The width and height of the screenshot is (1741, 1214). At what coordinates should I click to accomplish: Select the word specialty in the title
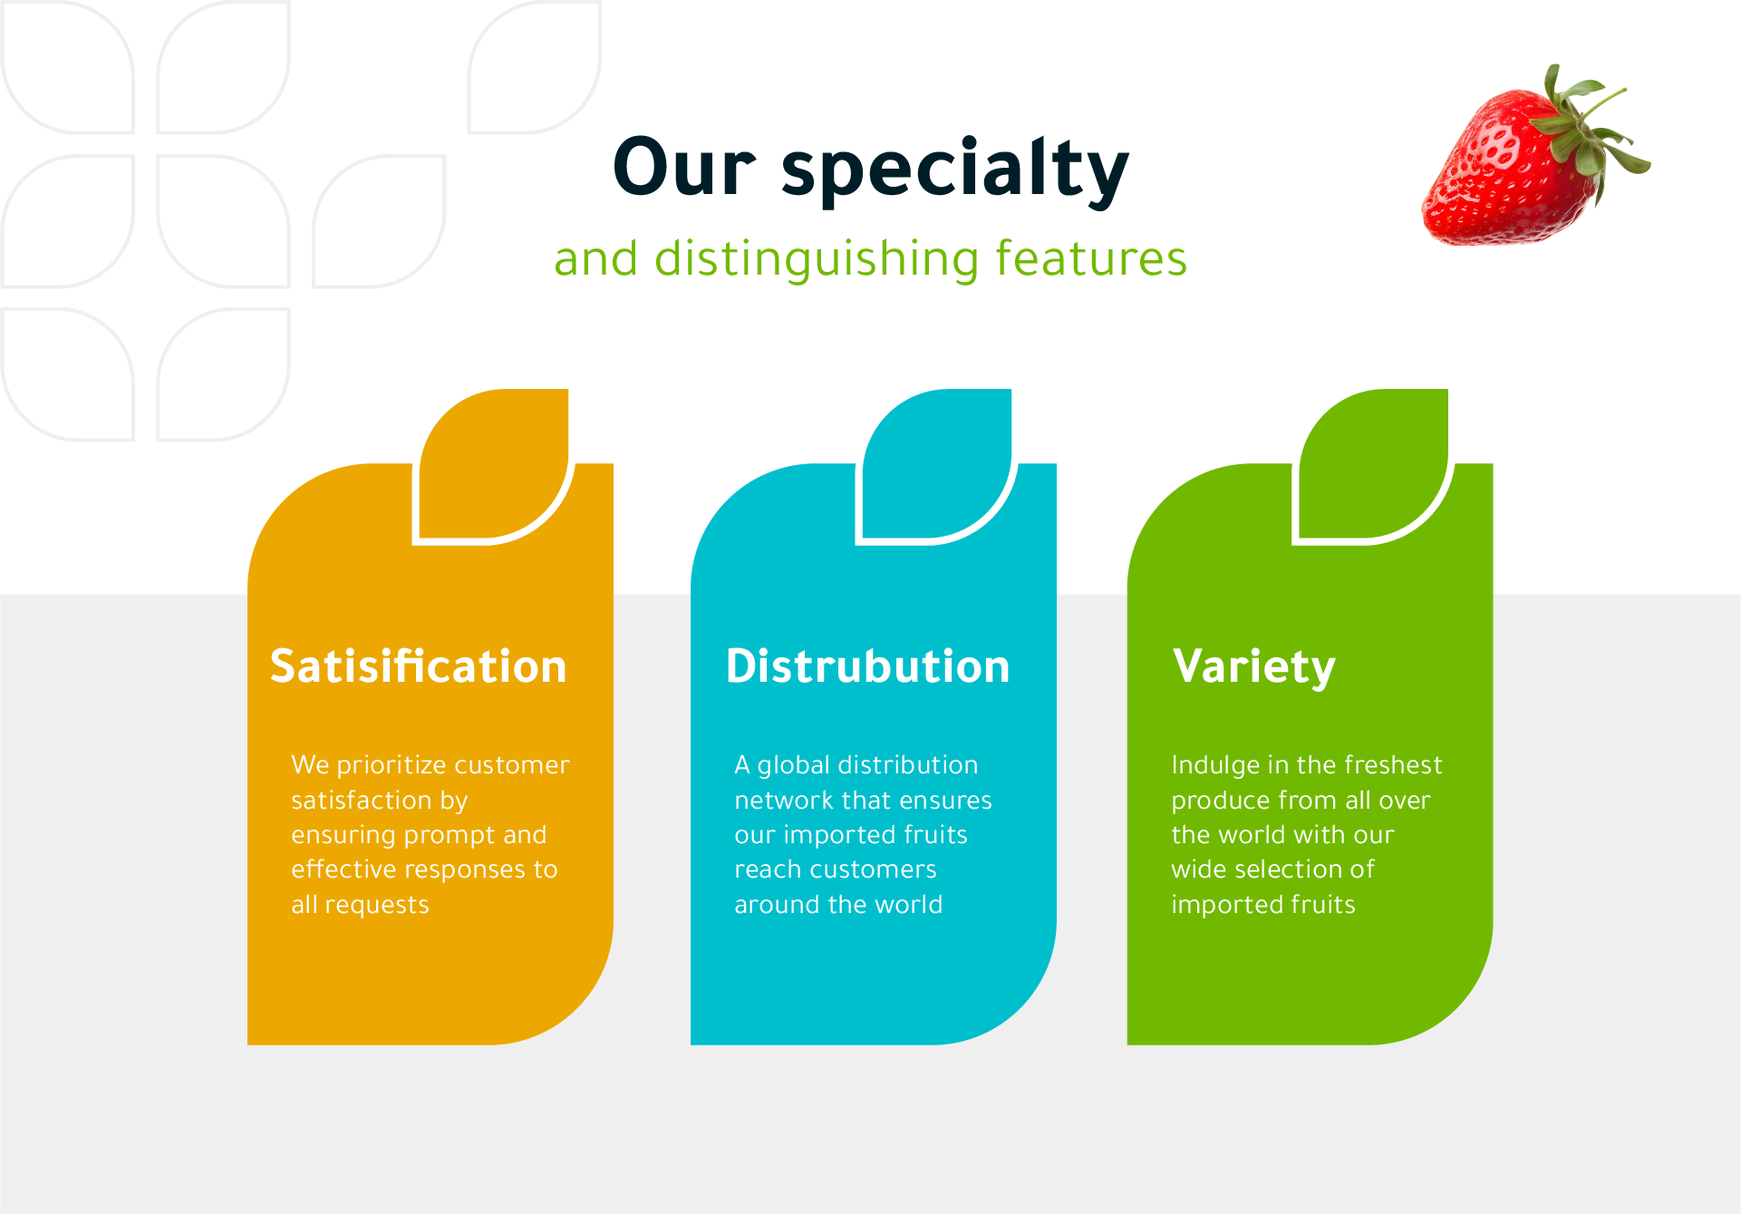[955, 172]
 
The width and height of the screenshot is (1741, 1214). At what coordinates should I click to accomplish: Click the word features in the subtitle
[1090, 257]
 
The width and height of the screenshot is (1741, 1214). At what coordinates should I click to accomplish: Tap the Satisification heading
[419, 666]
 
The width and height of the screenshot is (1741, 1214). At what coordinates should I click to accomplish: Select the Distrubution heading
[867, 666]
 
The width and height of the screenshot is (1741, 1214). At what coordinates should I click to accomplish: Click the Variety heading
[1254, 669]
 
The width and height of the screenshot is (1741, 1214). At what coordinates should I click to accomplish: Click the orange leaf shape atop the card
[494, 464]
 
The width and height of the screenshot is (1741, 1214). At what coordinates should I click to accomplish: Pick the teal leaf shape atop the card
[937, 464]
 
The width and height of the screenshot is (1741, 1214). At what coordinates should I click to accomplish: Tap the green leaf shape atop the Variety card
[1373, 464]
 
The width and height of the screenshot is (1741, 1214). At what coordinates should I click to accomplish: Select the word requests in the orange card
[377, 906]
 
